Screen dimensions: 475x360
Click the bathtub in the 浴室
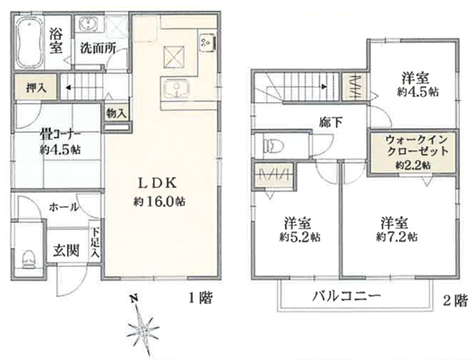pyautogui.click(x=29, y=43)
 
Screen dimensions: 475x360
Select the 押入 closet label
pyautogui.click(x=36, y=88)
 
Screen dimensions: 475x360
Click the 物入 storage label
pyautogui.click(x=117, y=114)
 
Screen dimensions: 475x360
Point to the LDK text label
pyautogui.click(x=157, y=184)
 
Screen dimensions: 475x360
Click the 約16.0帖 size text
pyautogui.click(x=160, y=201)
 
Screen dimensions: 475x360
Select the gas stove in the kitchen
pyautogui.click(x=208, y=42)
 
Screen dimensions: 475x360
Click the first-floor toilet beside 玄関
pyautogui.click(x=30, y=259)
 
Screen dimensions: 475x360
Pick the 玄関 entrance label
pyautogui.click(x=66, y=251)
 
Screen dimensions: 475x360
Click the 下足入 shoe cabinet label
pyautogui.click(x=95, y=243)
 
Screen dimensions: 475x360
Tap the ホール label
pyautogui.click(x=64, y=208)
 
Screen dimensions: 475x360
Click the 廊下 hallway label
pyautogui.click(x=331, y=123)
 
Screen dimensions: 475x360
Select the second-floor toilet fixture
pyautogui.click(x=273, y=145)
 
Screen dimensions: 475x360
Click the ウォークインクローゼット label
pyautogui.click(x=417, y=145)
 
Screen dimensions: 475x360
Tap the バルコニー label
pyautogui.click(x=346, y=296)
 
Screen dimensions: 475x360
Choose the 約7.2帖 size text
pyautogui.click(x=397, y=236)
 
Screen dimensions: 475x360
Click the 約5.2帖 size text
pyautogui.click(x=300, y=237)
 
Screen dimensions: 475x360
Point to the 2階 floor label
pyautogui.click(x=455, y=300)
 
